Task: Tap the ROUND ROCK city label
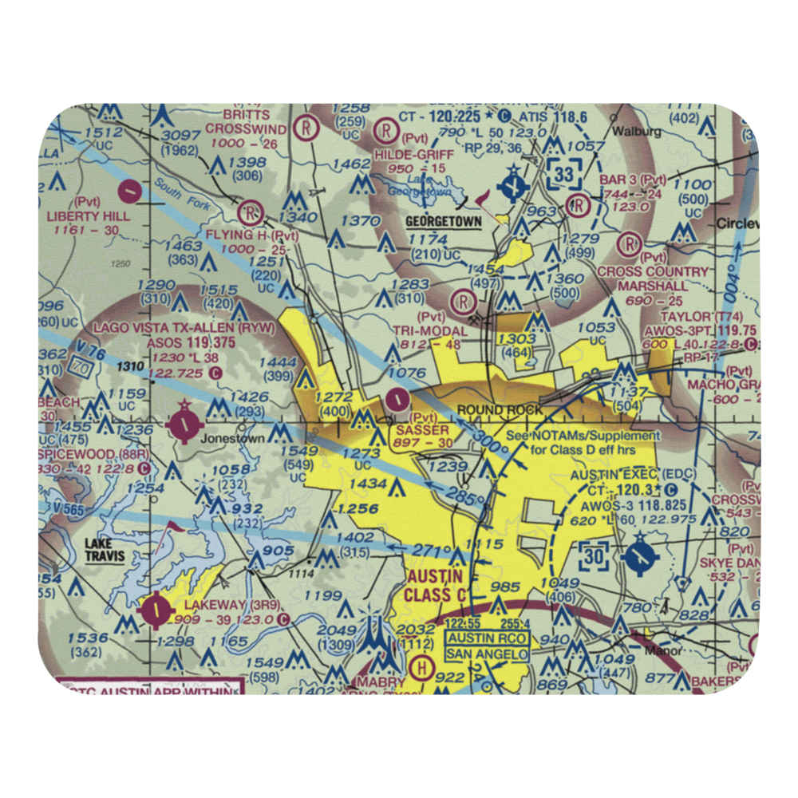[499, 410]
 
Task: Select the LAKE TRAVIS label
[105, 550]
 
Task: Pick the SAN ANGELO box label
[487, 654]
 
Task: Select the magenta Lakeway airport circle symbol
[155, 611]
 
